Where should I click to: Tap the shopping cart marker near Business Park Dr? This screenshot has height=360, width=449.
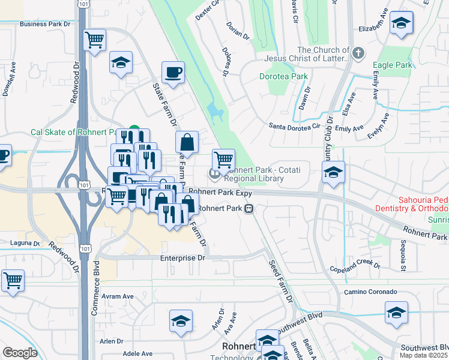pos(95,40)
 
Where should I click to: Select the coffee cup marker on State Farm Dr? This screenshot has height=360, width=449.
pos(173,72)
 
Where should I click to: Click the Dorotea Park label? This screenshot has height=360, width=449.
pos(283,76)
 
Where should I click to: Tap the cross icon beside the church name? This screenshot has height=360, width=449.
pos(358,53)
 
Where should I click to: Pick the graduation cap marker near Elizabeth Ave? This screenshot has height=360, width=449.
pos(401,24)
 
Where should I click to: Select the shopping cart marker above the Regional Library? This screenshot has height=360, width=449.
pos(223,160)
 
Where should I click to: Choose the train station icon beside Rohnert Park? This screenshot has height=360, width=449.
pos(248,209)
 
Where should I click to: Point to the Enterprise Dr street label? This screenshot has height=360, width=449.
pos(182,257)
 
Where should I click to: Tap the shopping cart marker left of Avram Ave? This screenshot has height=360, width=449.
pos(13,280)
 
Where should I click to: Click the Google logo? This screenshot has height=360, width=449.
pos(20,353)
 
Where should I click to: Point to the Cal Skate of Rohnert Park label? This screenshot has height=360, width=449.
pos(76,132)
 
